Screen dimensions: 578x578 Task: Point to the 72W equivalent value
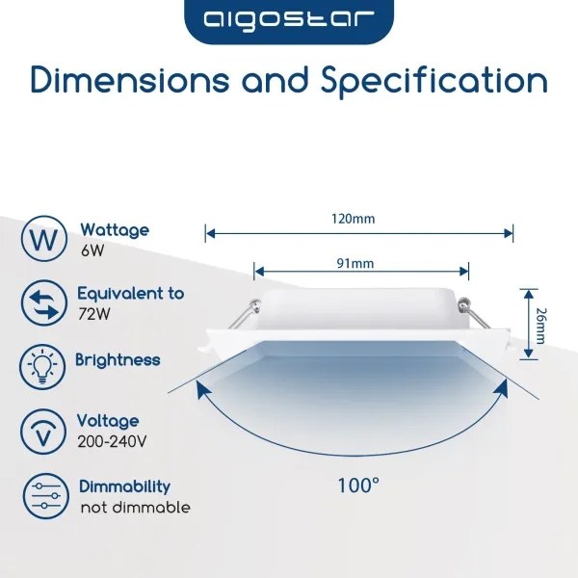click(x=93, y=314)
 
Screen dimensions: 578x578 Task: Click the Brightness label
click(x=118, y=360)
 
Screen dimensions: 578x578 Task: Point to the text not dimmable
click(x=135, y=508)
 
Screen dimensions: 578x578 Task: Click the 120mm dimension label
click(x=359, y=219)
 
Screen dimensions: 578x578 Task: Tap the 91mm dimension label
click(x=359, y=263)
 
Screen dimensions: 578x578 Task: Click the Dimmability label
click(x=124, y=486)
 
